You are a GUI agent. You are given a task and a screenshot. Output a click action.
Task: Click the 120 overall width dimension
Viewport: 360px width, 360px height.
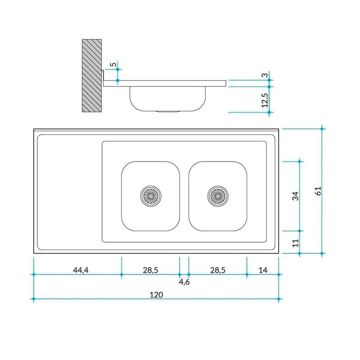point(156,295)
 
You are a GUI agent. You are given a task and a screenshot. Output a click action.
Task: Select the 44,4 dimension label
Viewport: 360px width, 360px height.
point(81,270)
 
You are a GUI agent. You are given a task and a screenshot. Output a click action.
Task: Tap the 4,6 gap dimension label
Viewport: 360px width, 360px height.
point(184,282)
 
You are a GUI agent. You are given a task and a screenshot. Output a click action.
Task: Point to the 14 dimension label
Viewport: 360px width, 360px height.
point(263,270)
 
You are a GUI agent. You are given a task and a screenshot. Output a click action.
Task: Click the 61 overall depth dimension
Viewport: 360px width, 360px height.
point(318,191)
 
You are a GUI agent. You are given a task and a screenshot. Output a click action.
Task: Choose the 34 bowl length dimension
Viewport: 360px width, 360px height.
point(296,196)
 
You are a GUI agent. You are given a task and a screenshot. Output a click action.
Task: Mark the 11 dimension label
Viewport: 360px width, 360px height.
point(296,243)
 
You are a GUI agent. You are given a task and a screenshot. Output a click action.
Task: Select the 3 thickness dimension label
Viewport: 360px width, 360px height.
point(265,75)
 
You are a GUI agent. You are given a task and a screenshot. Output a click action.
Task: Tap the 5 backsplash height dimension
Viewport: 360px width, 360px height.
point(113,64)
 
